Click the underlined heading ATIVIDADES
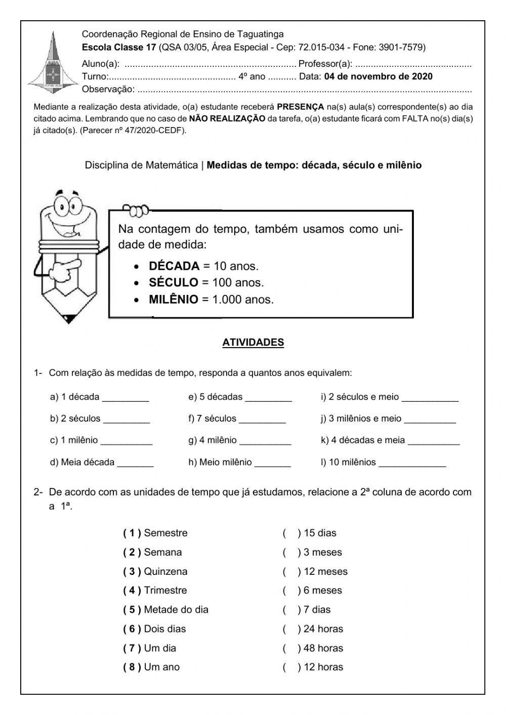point(253,343)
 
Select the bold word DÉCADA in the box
point(174,266)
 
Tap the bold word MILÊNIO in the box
point(174,300)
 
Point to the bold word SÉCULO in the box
point(174,283)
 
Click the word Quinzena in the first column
point(165,572)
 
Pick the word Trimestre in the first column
point(165,591)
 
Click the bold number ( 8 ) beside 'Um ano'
point(132,667)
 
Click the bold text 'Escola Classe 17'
point(119,48)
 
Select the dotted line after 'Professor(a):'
point(413,65)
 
